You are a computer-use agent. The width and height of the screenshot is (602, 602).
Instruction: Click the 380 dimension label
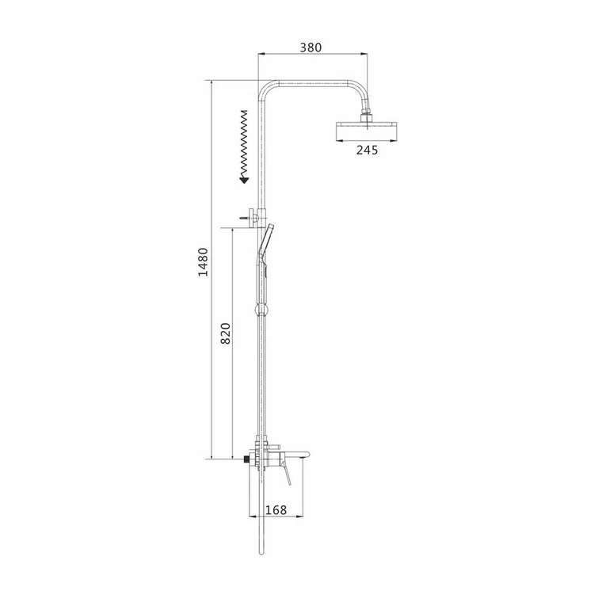click(311, 48)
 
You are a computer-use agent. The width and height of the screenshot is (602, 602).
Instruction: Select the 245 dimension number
click(367, 150)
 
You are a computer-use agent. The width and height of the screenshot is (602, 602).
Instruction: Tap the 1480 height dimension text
click(203, 262)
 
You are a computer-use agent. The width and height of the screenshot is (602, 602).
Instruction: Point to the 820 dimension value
click(226, 333)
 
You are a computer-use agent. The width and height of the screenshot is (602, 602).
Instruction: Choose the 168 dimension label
click(276, 510)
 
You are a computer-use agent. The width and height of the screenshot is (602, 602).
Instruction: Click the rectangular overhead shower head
click(366, 131)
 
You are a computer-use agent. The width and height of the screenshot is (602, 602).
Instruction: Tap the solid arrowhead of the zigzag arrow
click(244, 180)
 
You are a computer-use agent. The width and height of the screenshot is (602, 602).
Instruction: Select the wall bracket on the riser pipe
click(257, 218)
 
